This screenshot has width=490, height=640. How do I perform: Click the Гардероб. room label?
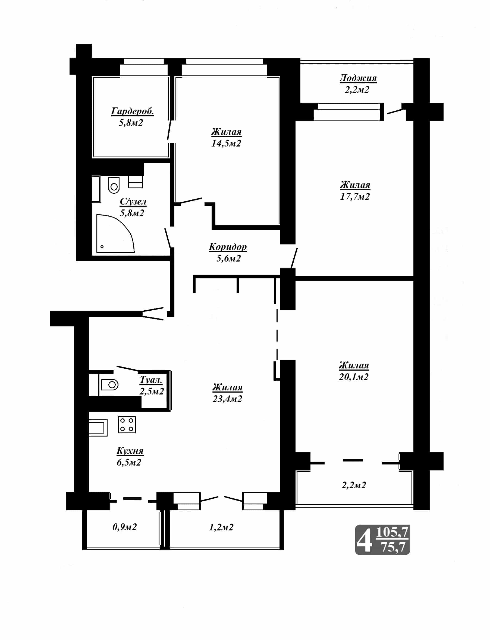tap(133, 111)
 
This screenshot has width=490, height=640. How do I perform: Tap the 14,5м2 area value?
tap(226, 143)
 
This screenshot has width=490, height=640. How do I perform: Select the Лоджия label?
tap(358, 78)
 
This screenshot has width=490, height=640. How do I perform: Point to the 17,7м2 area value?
tap(355, 196)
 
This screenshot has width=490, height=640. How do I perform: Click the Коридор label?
tap(228, 247)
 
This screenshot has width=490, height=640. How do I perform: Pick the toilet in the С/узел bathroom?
tap(114, 185)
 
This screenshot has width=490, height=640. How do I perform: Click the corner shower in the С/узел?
tap(115, 233)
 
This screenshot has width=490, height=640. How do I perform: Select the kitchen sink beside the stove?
tap(98, 427)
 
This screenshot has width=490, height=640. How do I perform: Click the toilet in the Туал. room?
tap(109, 385)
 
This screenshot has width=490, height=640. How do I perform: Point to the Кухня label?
tap(130, 451)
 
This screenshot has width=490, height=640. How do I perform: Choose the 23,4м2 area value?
tap(227, 399)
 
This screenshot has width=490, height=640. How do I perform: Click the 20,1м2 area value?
tap(353, 377)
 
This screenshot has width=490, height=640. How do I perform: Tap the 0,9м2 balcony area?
tap(125, 527)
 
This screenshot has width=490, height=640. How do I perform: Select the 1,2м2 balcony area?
tap(221, 527)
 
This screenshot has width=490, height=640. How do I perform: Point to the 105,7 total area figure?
tap(392, 533)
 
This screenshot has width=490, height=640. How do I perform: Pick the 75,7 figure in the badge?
tap(394, 547)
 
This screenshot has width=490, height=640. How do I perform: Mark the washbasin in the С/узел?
tap(135, 182)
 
